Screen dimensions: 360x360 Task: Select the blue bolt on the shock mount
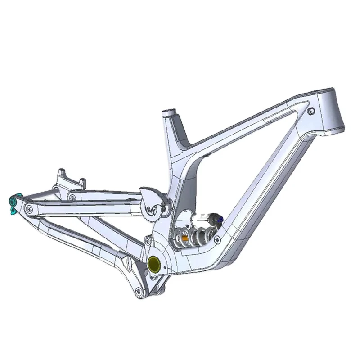coord(220,219)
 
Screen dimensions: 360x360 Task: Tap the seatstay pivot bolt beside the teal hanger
coord(30,208)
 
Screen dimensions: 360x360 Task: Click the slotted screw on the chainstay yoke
coord(129,261)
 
